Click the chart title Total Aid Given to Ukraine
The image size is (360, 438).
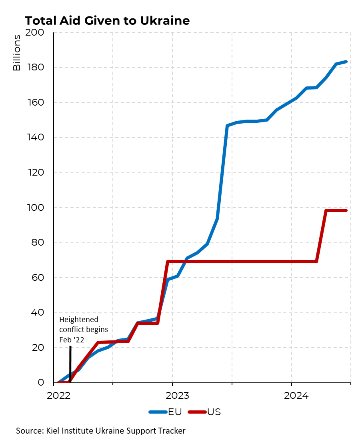pos(107,20)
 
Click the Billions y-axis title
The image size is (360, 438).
pos(17,53)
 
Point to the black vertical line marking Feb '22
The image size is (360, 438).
pos(70,364)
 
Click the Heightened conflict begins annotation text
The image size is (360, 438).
pos(84,329)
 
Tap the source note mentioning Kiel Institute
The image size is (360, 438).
pos(101,430)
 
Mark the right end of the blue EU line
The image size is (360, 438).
pos(346,62)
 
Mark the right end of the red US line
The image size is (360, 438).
pos(346,210)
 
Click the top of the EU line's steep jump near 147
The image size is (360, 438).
pos(227,126)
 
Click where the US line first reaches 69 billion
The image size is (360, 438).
pos(168,262)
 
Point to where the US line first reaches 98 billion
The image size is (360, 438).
pos(326,210)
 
